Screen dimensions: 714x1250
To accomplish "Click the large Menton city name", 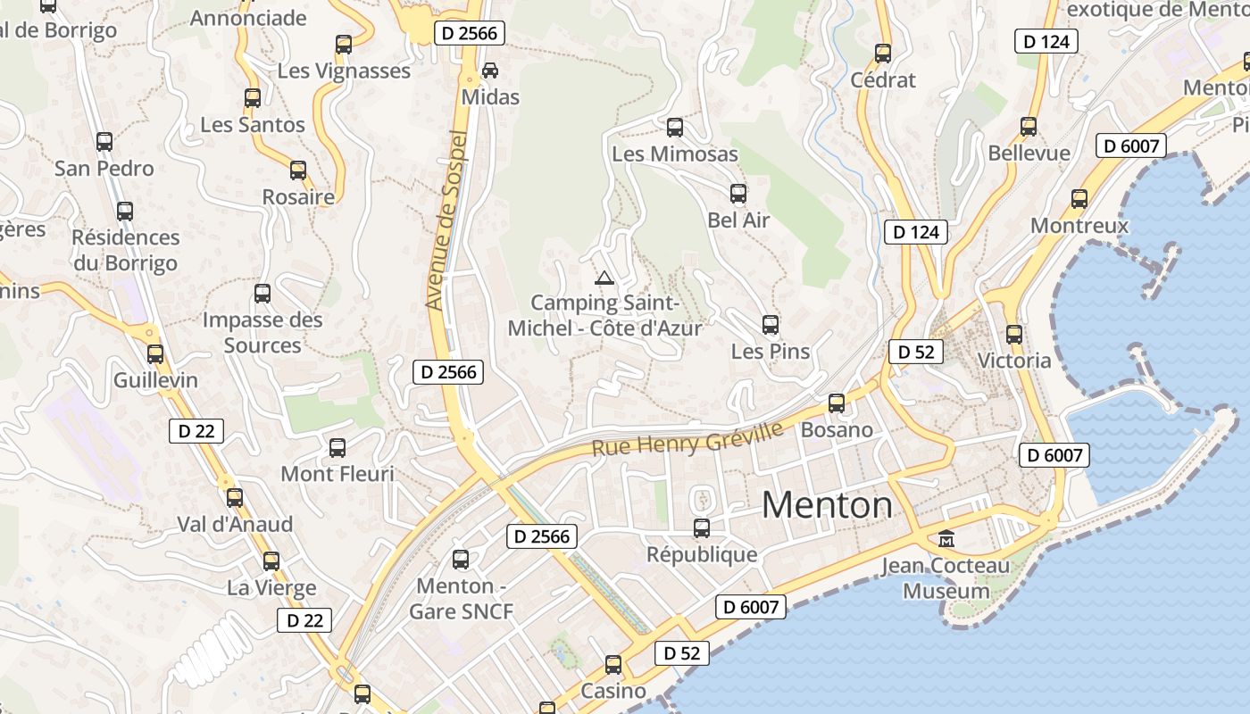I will (827, 505).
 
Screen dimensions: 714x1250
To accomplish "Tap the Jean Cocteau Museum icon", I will (946, 538).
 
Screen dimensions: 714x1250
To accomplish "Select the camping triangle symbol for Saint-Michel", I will (604, 278).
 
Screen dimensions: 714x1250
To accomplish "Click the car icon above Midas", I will (490, 70).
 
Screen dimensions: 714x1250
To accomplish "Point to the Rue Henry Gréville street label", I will (687, 438).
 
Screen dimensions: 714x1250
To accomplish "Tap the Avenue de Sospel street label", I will (447, 220).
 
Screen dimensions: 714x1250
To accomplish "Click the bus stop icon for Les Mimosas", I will (675, 128).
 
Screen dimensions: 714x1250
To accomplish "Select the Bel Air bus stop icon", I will (738, 193).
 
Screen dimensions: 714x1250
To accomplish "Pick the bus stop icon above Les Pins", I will (771, 325).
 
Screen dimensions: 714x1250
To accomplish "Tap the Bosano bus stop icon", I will (837, 403).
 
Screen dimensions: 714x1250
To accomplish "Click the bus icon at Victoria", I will (1014, 335).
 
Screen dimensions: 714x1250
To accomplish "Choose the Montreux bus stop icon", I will (1079, 199).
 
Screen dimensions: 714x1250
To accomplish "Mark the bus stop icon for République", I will (702, 528).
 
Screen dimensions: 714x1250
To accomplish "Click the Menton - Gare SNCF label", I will (462, 599).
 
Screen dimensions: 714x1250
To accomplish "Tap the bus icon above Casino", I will (613, 665).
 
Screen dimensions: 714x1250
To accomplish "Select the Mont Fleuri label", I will (337, 474).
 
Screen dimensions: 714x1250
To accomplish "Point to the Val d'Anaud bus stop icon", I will (235, 498).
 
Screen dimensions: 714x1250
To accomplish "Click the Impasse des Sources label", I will (262, 332).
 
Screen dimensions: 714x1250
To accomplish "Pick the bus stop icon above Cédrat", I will (883, 54).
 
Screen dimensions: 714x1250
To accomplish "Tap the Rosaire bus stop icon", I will (298, 170).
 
